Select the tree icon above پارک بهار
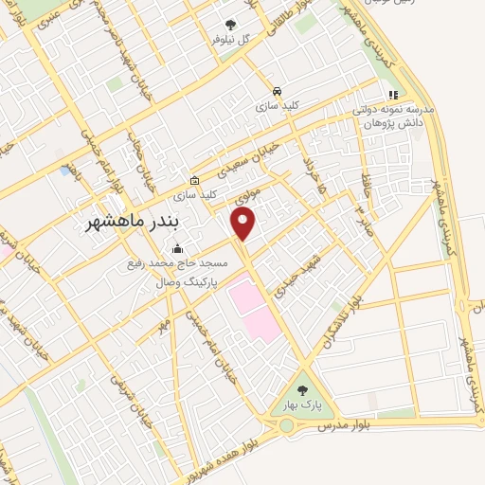(302, 389)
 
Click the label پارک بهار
(302, 406)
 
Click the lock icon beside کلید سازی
(195, 180)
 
